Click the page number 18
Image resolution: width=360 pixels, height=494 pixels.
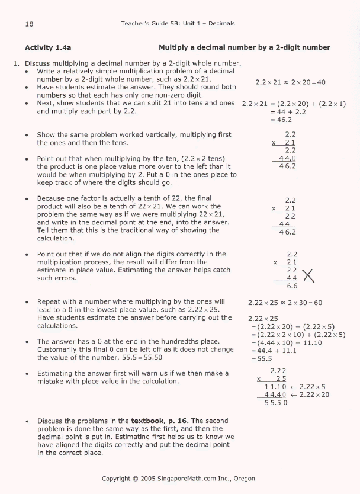(29, 24)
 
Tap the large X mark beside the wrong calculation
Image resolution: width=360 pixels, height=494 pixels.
(308, 275)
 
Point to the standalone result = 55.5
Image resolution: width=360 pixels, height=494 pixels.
(264, 358)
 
